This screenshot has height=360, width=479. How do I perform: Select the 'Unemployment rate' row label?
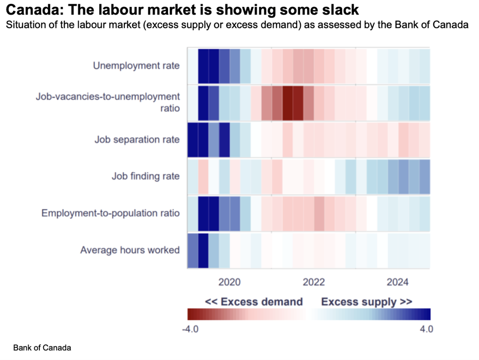pos(136,66)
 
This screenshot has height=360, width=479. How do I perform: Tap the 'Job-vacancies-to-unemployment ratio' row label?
pos(108,102)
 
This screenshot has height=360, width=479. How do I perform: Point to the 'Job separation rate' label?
pos(137,139)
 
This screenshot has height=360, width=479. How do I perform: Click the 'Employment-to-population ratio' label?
pos(111,213)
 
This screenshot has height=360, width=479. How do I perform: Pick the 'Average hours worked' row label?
pos(130,250)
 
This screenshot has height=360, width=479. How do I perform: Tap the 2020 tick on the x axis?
pos(229,282)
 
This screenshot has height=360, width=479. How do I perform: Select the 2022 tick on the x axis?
pos(313,282)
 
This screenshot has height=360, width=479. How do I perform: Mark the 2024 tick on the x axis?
pos(397,282)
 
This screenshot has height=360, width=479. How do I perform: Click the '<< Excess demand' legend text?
pos(254,302)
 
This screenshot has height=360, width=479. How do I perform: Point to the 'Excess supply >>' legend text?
pos(366,302)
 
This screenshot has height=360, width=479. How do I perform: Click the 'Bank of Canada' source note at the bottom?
pos(42,348)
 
